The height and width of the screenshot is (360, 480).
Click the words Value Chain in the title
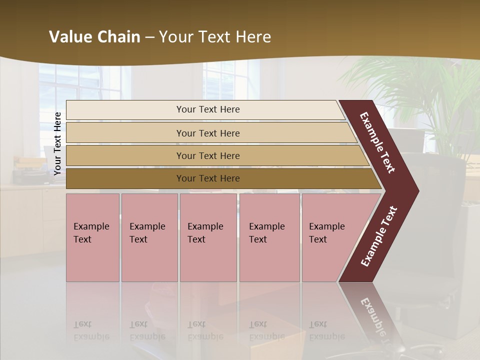tap(94, 37)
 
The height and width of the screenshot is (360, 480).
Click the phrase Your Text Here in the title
tap(215, 37)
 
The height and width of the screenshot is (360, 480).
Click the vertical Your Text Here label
tap(57, 143)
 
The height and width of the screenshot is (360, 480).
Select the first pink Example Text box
tap(92, 237)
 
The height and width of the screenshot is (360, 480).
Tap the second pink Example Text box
tap(149, 237)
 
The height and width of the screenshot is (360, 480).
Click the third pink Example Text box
tap(208, 237)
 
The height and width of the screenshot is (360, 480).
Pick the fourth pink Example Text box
tap(269, 237)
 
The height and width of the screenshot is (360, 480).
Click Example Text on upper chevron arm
tap(377, 142)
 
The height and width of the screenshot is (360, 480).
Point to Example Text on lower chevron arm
tap(378, 236)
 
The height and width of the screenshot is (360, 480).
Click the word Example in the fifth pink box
tap(326, 226)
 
